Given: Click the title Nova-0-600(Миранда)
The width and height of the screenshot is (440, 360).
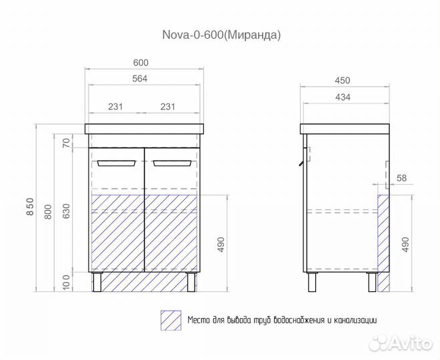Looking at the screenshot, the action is tap(221, 35).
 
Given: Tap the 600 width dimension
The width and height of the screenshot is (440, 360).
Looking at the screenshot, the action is tap(141, 63).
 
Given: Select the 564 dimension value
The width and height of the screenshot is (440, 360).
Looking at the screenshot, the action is tap(140, 79).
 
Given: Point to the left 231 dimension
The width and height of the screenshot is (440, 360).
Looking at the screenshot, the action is tap(115, 107).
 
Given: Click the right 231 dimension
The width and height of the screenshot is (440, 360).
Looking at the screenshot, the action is tap(167, 107).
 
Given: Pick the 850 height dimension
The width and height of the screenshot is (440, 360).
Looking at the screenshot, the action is tap(30, 207).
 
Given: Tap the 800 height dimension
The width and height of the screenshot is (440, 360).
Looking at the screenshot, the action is tap(49, 212).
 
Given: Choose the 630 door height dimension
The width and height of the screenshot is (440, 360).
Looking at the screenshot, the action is tap(66, 211).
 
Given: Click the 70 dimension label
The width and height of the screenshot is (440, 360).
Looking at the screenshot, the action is tap(66, 143).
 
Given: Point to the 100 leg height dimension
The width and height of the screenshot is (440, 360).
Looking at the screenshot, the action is tap(66, 282).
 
